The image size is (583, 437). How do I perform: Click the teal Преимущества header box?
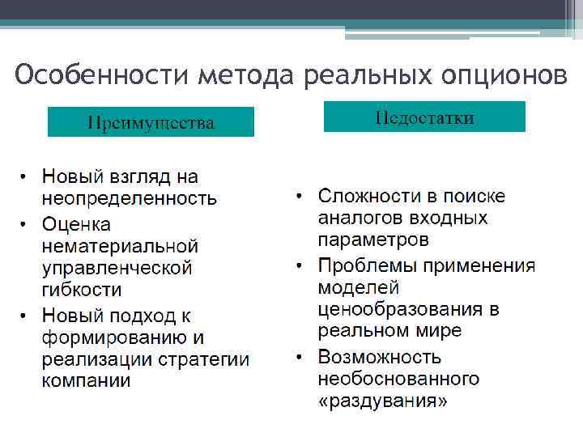click(x=151, y=122)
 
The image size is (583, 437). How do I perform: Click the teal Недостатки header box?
click(x=424, y=117)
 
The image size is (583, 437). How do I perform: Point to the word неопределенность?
click(x=130, y=197)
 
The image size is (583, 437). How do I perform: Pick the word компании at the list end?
click(x=87, y=380)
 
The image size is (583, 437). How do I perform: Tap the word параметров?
click(x=373, y=240)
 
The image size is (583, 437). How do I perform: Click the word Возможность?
click(x=380, y=357)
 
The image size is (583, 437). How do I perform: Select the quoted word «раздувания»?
click(x=382, y=401)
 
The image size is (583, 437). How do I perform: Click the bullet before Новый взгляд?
click(x=25, y=176)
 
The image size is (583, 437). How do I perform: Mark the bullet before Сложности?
click(x=300, y=197)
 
